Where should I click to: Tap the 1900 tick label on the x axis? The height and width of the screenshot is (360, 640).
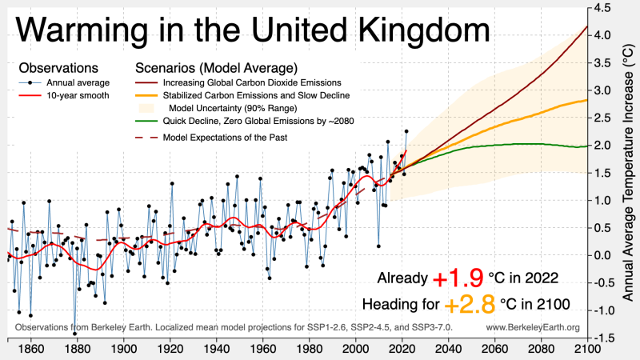(x=122, y=349)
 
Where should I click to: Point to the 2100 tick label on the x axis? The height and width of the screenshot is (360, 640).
(x=586, y=349)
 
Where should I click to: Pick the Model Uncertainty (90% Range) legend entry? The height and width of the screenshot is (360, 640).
(x=254, y=108)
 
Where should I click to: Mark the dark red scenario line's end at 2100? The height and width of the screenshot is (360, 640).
(x=586, y=26)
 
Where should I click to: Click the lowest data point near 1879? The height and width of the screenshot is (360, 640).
(x=74, y=322)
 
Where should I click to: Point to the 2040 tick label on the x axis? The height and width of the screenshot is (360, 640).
(x=447, y=349)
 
